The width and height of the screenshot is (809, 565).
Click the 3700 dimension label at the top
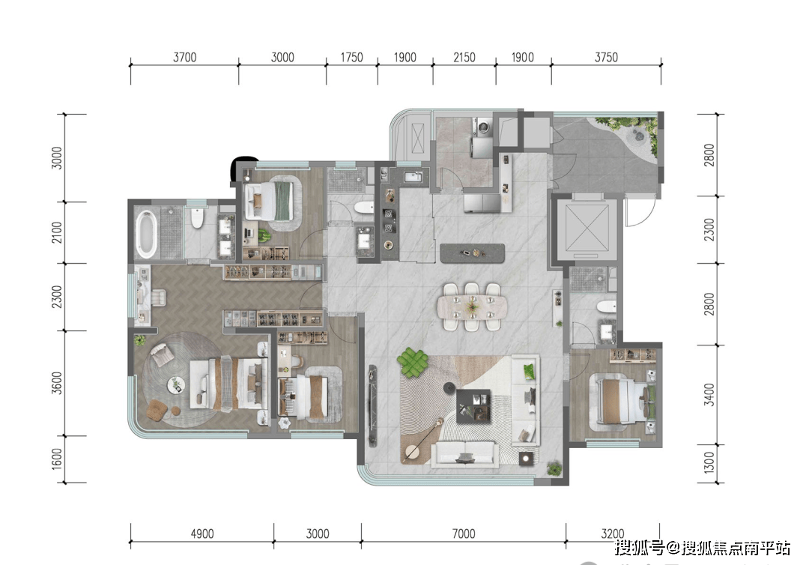click(x=185, y=57)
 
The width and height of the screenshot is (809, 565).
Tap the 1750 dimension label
click(x=351, y=57)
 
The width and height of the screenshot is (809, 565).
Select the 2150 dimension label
click(x=464, y=57)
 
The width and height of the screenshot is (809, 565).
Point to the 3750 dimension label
click(x=606, y=57)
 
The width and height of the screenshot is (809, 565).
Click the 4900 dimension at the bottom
click(x=202, y=534)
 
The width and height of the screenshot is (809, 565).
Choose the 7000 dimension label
click(x=464, y=534)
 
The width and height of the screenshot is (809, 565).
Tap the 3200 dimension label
click(x=613, y=534)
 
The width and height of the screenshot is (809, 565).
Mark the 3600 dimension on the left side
click(x=57, y=383)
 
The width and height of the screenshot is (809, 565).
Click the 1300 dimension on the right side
click(x=709, y=463)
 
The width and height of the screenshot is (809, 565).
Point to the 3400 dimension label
click(x=709, y=395)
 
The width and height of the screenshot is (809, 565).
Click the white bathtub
click(x=146, y=234)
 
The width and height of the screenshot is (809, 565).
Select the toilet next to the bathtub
click(x=197, y=218)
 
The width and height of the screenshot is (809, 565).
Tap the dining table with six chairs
click(x=472, y=306)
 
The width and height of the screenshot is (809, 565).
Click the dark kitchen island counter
click(x=473, y=253)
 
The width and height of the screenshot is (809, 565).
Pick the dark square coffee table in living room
click(x=474, y=405)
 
